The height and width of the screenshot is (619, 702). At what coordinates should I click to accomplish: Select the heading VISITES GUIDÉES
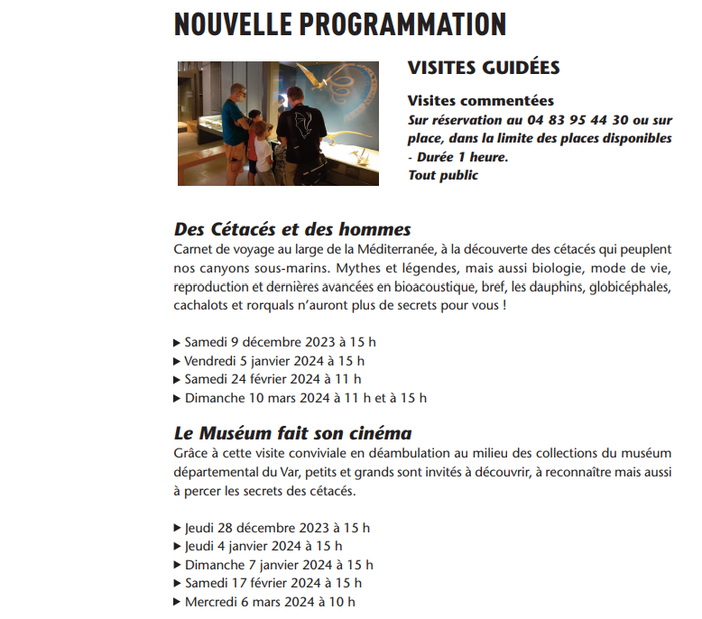point(484,68)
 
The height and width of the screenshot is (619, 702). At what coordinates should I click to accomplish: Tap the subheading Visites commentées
point(481,101)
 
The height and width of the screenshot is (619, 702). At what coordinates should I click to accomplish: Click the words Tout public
point(443,175)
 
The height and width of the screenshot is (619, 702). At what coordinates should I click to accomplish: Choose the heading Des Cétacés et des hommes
point(292,228)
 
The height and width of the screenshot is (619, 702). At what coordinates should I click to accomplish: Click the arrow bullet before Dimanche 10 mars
point(177,398)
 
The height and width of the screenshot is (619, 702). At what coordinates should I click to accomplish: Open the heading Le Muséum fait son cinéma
point(292,433)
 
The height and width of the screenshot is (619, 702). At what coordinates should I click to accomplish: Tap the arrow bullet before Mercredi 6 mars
point(177,602)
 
